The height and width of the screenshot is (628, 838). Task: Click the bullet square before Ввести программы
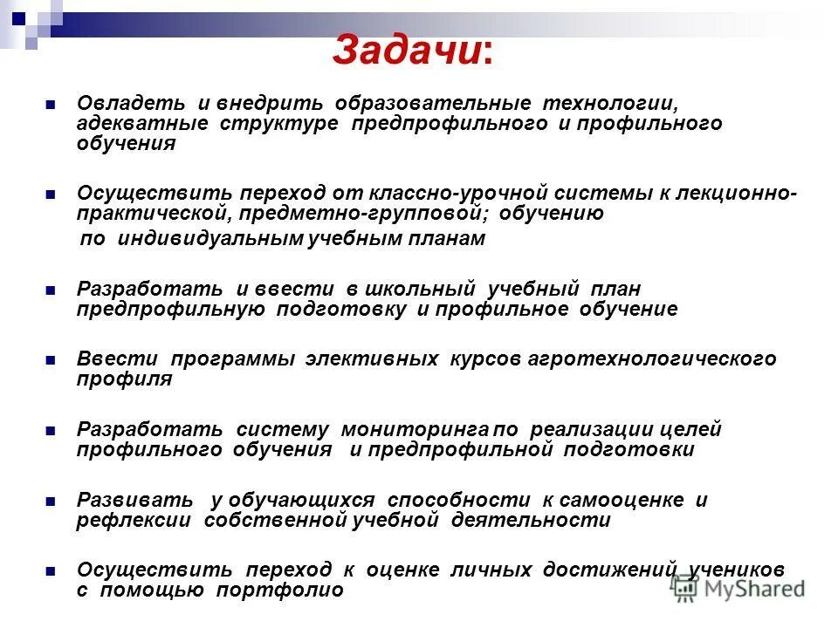pos(50,359)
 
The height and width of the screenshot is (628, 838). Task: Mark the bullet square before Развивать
pos(50,501)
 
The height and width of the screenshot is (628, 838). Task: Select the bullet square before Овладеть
pos(50,104)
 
